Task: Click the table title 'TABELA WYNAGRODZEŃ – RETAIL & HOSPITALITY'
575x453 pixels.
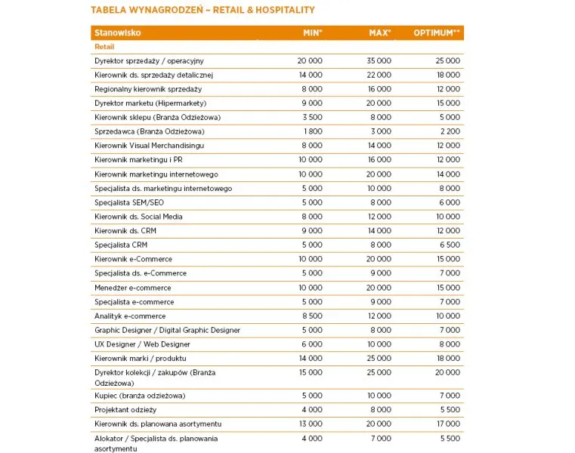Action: click(202, 11)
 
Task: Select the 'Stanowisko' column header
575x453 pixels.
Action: click(118, 32)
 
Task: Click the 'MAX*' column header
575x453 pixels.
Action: click(379, 32)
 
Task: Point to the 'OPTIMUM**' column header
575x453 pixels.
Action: click(437, 32)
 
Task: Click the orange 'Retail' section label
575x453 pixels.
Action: click(104, 47)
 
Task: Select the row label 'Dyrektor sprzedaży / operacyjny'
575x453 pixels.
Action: click(149, 60)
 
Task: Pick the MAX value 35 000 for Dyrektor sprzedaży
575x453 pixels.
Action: click(379, 60)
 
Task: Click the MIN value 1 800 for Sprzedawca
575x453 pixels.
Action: click(313, 131)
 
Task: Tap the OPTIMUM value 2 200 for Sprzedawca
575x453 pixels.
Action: click(450, 131)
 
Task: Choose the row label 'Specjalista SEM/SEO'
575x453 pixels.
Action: click(128, 202)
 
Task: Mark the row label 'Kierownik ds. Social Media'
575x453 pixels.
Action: click(138, 217)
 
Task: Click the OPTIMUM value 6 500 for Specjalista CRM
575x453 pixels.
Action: click(450, 245)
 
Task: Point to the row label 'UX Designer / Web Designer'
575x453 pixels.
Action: click(143, 344)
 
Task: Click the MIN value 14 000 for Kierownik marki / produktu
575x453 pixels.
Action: click(310, 358)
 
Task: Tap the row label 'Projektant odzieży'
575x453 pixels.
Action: click(125, 409)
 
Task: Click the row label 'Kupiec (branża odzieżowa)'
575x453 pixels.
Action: click(140, 396)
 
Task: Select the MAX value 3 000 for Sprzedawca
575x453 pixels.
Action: click(382, 131)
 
